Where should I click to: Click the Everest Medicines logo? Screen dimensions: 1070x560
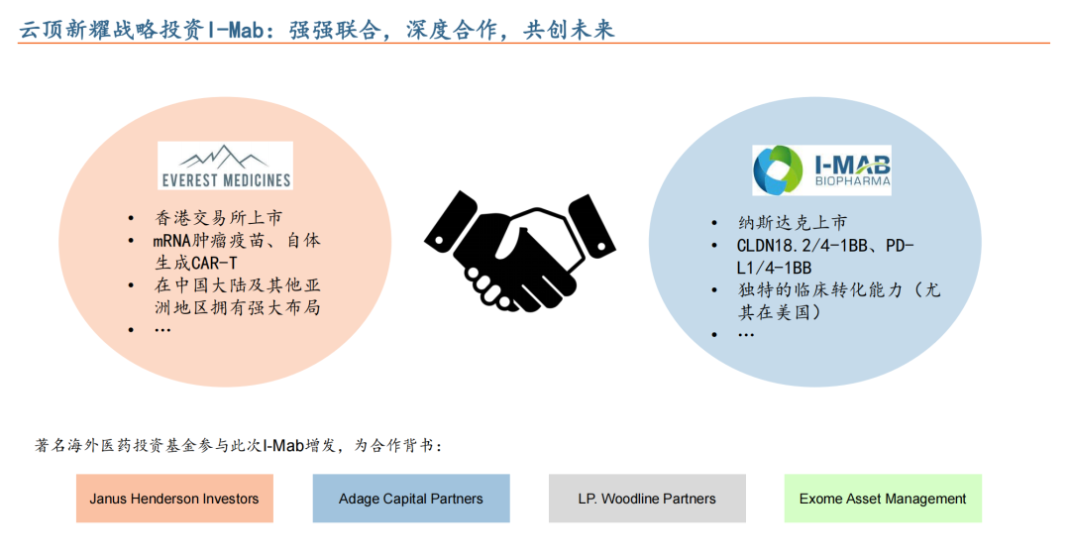[225, 166]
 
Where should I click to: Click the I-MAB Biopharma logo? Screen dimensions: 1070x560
[821, 170]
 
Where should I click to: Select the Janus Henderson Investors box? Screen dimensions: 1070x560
[174, 499]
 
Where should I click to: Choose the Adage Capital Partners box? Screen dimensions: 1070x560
[411, 499]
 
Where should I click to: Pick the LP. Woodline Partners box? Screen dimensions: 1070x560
[647, 499]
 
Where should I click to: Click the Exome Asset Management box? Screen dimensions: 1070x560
[883, 499]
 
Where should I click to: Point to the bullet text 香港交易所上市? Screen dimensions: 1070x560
[218, 218]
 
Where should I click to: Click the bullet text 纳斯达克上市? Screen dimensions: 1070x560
[793, 223]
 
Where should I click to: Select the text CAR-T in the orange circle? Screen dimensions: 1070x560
[214, 263]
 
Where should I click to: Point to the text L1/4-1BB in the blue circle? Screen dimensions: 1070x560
[774, 268]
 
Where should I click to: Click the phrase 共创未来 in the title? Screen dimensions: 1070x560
[569, 30]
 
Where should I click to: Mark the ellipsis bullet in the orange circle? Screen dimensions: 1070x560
[162, 330]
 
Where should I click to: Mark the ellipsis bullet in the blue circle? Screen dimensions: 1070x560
[746, 335]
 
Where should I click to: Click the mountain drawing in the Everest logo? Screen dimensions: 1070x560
[224, 157]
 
